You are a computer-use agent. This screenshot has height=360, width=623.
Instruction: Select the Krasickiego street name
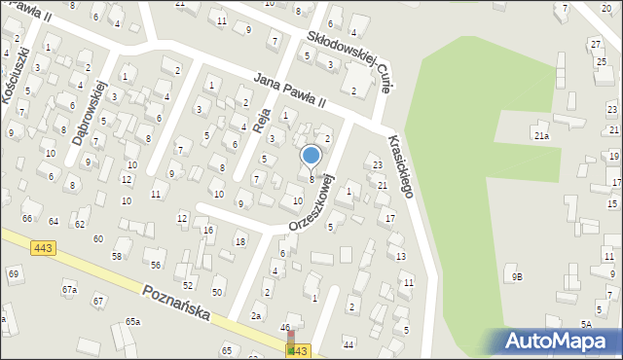point(400,165)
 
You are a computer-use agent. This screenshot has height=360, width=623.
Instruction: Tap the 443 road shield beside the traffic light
point(300,350)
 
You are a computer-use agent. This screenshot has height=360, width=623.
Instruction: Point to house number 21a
point(541,136)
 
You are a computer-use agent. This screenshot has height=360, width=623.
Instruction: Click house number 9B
point(518,276)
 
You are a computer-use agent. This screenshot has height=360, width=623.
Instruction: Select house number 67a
point(69,290)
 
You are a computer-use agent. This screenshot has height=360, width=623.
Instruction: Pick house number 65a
point(132,321)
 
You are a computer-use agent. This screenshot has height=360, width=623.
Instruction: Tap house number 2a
point(257,315)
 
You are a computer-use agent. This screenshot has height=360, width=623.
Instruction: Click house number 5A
point(586,324)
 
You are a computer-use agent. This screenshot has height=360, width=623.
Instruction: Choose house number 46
point(285,328)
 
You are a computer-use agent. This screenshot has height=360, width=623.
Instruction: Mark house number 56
point(155,265)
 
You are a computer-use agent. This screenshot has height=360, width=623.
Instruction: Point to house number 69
point(14,273)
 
